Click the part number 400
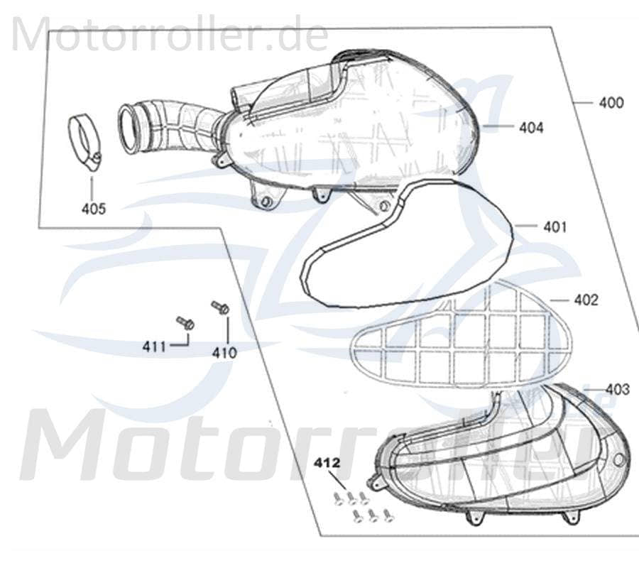click(x=611, y=102)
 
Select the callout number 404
click(x=531, y=128)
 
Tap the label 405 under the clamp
click(x=93, y=209)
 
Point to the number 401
click(x=555, y=227)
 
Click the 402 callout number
click(x=586, y=300)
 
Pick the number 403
click(x=618, y=390)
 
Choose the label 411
click(x=153, y=347)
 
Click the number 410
click(x=224, y=353)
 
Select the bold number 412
click(x=326, y=463)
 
